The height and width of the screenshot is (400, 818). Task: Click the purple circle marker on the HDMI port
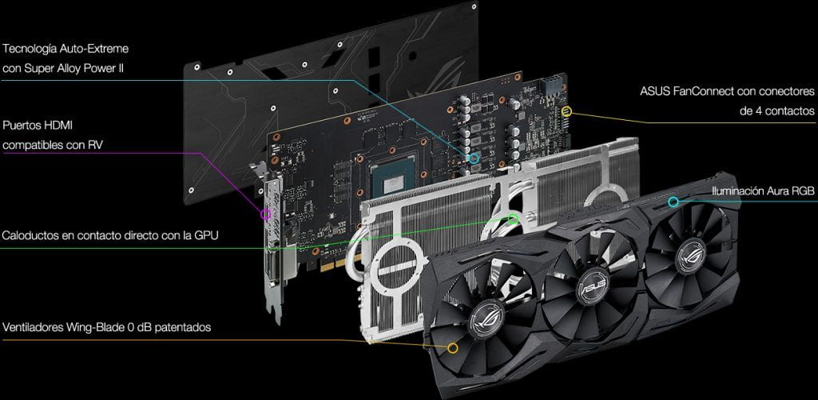pyautogui.click(x=267, y=214)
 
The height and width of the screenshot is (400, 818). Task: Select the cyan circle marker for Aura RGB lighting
pyautogui.click(x=673, y=202)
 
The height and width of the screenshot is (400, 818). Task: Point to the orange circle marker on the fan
pyautogui.click(x=453, y=348)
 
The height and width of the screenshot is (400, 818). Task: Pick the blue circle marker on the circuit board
pyautogui.click(x=475, y=158)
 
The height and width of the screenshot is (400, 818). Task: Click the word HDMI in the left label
pyautogui.click(x=58, y=126)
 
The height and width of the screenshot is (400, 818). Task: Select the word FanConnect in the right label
pyautogui.click(x=707, y=91)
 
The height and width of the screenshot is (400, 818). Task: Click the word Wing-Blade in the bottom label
pyautogui.click(x=95, y=327)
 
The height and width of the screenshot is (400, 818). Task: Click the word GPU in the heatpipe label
pyautogui.click(x=207, y=235)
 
